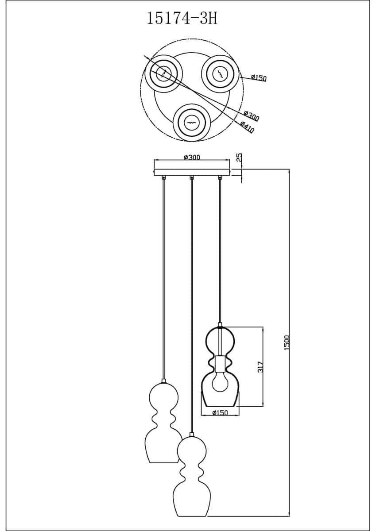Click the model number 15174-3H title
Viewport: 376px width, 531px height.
182,19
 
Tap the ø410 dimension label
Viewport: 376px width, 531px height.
247,127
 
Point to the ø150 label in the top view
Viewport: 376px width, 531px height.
259,77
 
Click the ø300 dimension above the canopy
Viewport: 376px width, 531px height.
192,158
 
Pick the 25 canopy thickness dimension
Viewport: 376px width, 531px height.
239,157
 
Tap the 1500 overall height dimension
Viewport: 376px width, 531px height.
287,343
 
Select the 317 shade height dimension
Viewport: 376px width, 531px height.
261,367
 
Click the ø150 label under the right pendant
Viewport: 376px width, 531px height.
220,413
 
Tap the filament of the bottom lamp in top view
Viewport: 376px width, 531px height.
191,123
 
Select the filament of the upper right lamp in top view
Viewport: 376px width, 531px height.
221,73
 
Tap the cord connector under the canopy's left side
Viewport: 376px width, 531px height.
163,178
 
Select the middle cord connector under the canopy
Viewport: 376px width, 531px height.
192,178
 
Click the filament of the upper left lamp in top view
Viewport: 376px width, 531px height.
164,73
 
